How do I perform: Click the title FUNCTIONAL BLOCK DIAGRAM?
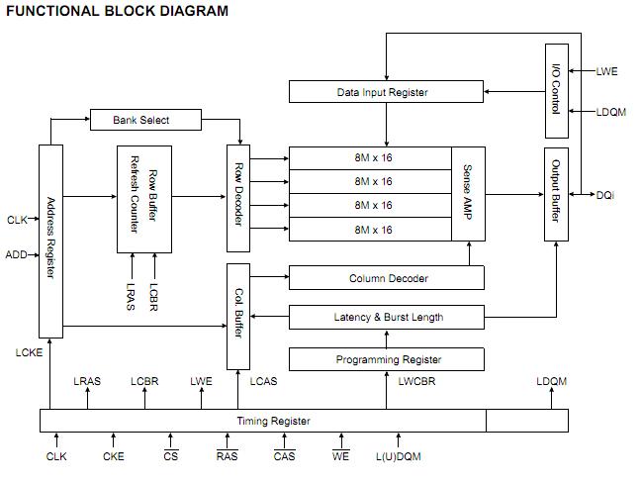tap(117, 11)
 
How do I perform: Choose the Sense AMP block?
tap(468, 193)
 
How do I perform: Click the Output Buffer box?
tap(555, 193)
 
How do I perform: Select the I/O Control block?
tap(555, 91)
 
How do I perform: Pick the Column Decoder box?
tap(387, 278)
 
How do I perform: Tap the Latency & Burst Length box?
tap(387, 318)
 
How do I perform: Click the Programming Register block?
tap(387, 359)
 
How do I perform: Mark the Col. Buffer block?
tap(238, 316)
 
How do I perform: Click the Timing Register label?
tap(273, 421)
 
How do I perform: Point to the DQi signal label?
tap(605, 194)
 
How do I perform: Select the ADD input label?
tap(17, 254)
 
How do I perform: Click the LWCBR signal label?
tap(415, 381)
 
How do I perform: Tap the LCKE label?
tap(28, 351)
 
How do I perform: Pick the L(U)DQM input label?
tap(398, 456)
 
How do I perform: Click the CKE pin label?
tap(114, 456)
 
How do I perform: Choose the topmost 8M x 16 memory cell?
tap(373, 157)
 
